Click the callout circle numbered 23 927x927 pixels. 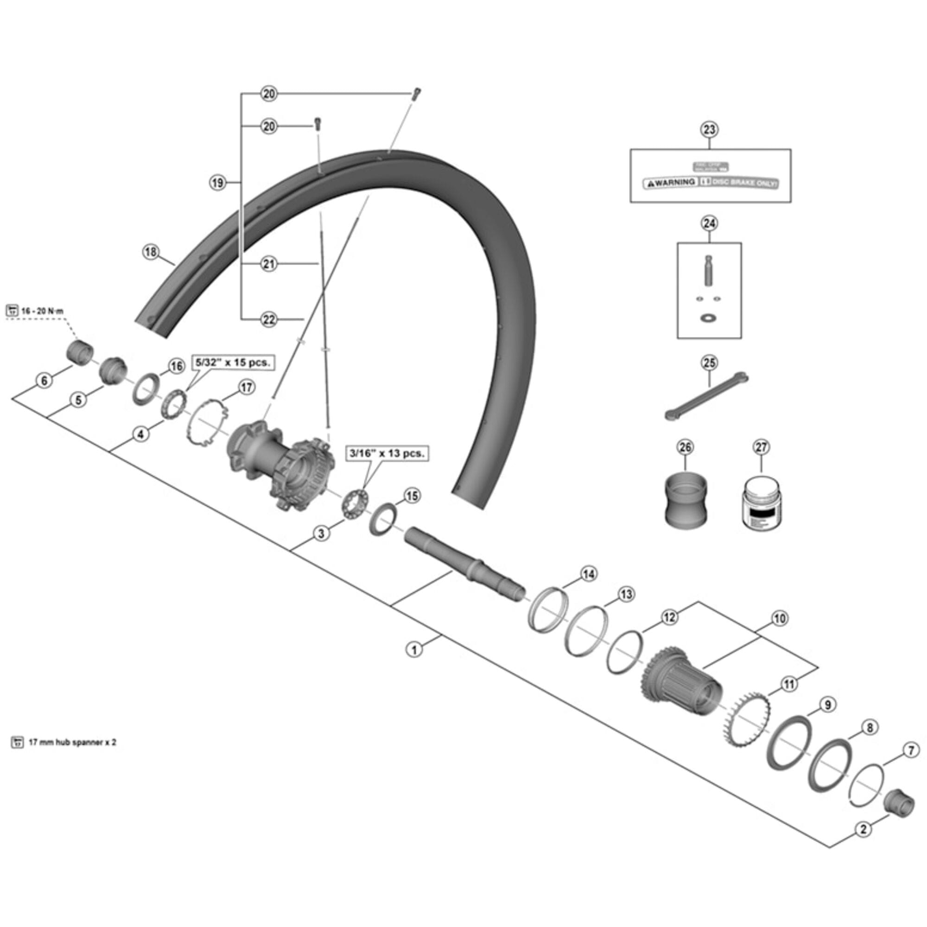click(x=709, y=130)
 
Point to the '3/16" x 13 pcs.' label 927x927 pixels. click(x=387, y=453)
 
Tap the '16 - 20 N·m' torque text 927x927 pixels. click(x=42, y=311)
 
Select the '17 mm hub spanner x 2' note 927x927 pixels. click(x=72, y=742)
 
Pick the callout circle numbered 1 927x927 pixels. click(x=414, y=650)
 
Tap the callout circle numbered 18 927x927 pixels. click(x=151, y=252)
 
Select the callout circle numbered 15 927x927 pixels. click(x=412, y=495)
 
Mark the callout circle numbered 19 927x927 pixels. click(x=218, y=183)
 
